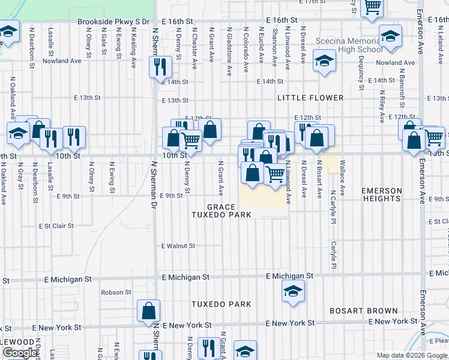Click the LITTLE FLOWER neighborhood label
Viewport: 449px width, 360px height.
[310, 98]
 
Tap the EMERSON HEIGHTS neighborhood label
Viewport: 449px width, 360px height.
[382, 195]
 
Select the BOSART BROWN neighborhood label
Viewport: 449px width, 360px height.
[364, 311]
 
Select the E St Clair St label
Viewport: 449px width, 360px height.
[56, 226]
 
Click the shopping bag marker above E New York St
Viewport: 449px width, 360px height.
[148, 311]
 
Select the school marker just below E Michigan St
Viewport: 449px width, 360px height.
[293, 292]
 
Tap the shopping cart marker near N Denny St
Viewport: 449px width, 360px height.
[191, 141]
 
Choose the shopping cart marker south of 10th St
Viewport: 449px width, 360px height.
[274, 174]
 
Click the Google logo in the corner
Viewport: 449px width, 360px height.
[20, 353]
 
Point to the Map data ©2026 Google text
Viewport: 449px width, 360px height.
[412, 355]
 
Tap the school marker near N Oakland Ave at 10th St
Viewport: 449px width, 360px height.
[18, 134]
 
